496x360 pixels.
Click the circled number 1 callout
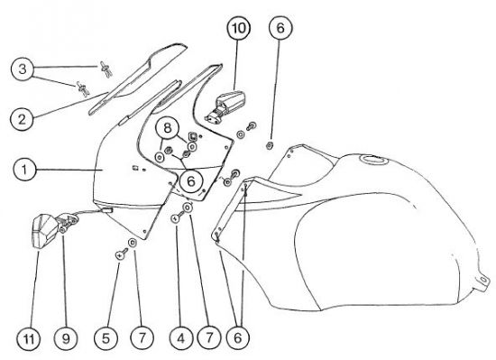24,170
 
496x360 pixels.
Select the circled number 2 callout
22,119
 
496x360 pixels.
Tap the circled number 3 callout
23,69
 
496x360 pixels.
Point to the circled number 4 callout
180,339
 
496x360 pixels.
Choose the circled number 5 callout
106,339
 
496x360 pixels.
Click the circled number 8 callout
168,128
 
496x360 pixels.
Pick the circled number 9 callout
66,339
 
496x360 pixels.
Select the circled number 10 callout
239,28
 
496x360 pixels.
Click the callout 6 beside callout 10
280,28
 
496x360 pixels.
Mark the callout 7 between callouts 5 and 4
142,339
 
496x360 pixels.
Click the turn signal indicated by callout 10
226,105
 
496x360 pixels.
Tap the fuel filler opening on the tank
375,160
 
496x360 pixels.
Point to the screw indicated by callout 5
122,254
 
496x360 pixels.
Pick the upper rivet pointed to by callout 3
106,69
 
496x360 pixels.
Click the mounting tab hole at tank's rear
483,279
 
